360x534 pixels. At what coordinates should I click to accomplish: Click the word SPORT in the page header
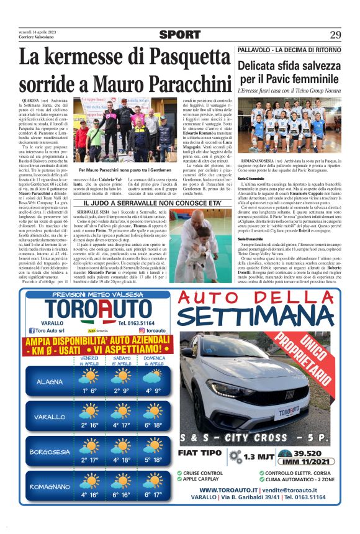click(179, 35)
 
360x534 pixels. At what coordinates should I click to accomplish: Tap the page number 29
click(335, 35)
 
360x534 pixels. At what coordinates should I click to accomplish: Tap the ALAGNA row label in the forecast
click(50, 381)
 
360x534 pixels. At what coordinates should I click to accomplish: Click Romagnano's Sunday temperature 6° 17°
click(152, 495)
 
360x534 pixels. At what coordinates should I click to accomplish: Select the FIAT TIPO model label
click(199, 453)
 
